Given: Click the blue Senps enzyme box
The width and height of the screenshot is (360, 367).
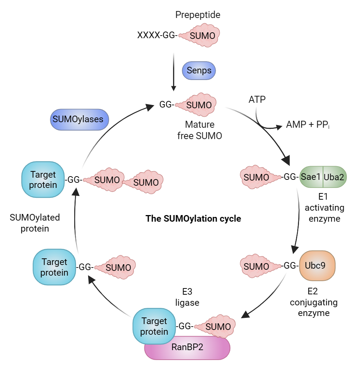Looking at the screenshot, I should [x=199, y=70].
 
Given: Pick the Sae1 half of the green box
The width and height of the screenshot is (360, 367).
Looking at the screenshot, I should [x=311, y=177].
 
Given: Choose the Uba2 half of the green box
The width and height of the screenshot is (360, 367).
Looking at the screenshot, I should [x=334, y=177].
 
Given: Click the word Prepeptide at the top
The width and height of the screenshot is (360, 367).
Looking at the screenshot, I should [x=198, y=15].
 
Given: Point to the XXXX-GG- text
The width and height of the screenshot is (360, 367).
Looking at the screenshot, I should [x=157, y=35].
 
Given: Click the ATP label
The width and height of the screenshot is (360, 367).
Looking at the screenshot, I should [x=257, y=99].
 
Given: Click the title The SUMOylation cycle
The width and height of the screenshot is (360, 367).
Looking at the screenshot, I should [x=193, y=219].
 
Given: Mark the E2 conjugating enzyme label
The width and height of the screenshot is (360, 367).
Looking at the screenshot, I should [x=313, y=302].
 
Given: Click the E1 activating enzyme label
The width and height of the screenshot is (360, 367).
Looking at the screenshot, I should [x=324, y=208].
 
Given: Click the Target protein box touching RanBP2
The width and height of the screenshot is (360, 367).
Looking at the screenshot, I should [x=154, y=326].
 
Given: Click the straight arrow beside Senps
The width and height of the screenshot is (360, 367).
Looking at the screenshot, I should [x=173, y=71].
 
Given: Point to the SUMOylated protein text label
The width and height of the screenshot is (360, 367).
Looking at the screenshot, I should [x=35, y=223].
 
